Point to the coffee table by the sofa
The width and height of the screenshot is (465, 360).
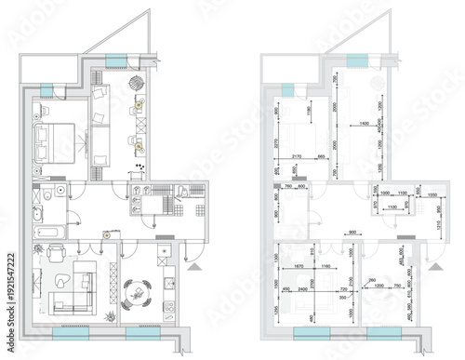(63, 279)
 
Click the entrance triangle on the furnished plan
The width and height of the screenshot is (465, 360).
(193, 265)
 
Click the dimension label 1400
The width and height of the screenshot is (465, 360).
(364, 123)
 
